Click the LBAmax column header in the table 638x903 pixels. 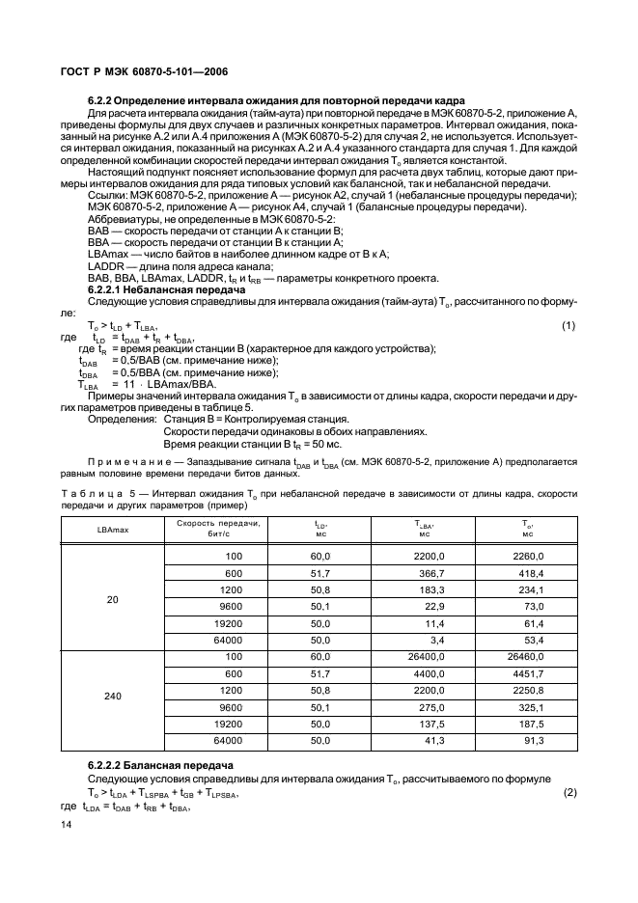click(112, 531)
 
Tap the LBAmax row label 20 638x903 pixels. click(112, 599)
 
